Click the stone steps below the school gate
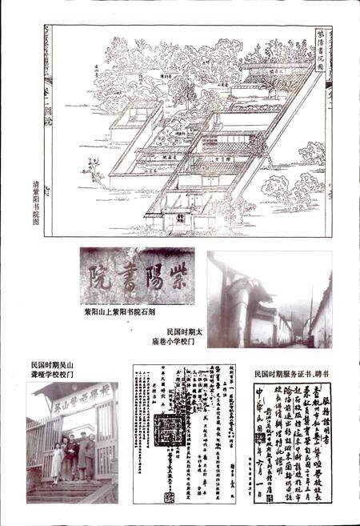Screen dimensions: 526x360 pos(64,488)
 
